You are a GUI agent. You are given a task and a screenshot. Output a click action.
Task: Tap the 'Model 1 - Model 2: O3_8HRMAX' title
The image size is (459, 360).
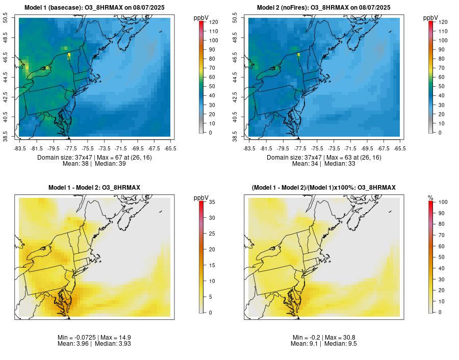[94, 188]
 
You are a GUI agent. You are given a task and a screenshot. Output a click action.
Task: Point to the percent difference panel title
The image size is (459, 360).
[324, 188]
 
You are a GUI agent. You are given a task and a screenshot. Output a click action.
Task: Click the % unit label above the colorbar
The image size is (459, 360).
[430, 197]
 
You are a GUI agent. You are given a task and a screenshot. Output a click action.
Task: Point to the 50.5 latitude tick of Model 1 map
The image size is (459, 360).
[12, 19]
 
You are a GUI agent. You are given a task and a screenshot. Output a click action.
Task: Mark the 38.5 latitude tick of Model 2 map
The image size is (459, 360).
[241, 137]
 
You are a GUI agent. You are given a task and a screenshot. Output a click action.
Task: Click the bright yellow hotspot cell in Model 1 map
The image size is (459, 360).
[69, 55]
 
